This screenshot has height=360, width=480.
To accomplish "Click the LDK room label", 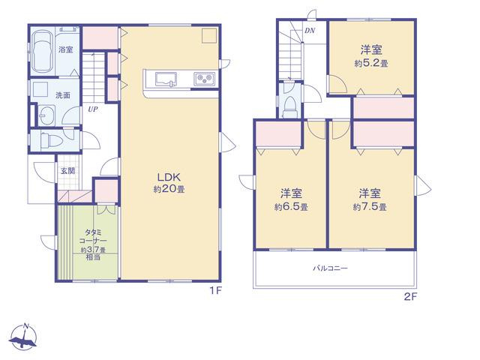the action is (x=169, y=177).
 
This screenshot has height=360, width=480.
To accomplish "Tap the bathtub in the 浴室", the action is (x=42, y=50).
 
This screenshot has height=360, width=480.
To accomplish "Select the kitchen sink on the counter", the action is (x=166, y=79).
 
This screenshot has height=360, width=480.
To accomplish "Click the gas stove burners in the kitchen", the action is (x=204, y=79).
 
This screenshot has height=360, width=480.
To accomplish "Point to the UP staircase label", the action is (x=93, y=109).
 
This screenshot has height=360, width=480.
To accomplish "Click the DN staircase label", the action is (x=310, y=31).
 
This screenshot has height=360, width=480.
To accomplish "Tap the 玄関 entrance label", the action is (x=67, y=171).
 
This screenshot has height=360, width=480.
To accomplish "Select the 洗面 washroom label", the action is (x=63, y=95).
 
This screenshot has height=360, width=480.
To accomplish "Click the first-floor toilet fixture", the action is (x=51, y=140).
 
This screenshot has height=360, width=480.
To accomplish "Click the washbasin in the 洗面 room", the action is (x=46, y=115).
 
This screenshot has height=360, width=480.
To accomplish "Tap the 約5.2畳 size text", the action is (x=371, y=63).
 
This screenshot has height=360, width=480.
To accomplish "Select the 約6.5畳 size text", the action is (x=291, y=207).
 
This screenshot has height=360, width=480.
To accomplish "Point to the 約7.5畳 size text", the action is (x=370, y=207).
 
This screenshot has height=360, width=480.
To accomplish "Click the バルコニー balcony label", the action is (x=330, y=268).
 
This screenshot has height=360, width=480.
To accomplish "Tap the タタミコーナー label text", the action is (x=93, y=237).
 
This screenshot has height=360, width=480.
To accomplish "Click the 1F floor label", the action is (x=215, y=290).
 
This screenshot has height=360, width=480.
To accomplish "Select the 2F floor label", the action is (x=410, y=296).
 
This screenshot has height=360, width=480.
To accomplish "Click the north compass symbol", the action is (x=23, y=337).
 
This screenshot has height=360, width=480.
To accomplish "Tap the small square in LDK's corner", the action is (x=209, y=35).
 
